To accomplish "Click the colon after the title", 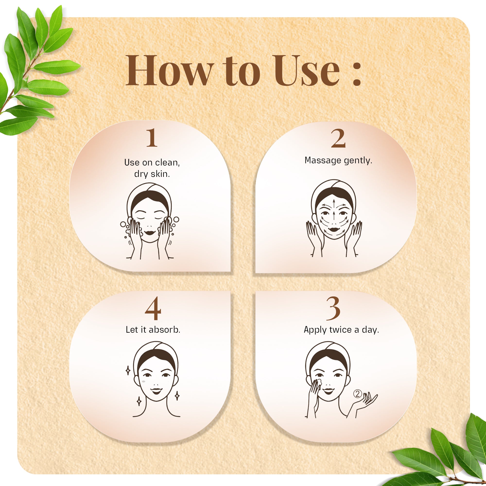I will pos(357,74).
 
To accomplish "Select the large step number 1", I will pos(152,138).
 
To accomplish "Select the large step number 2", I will pos(338,138).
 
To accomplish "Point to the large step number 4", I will pos(153,308).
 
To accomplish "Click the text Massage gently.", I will pos(338,160).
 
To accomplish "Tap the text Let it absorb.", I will pos(153,330).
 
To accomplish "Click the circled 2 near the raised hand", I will pos(357,394).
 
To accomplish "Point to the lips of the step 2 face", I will pos(334,229).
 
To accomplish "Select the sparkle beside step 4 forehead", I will pos(128,371).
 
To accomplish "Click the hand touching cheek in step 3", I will pos(314,390).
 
